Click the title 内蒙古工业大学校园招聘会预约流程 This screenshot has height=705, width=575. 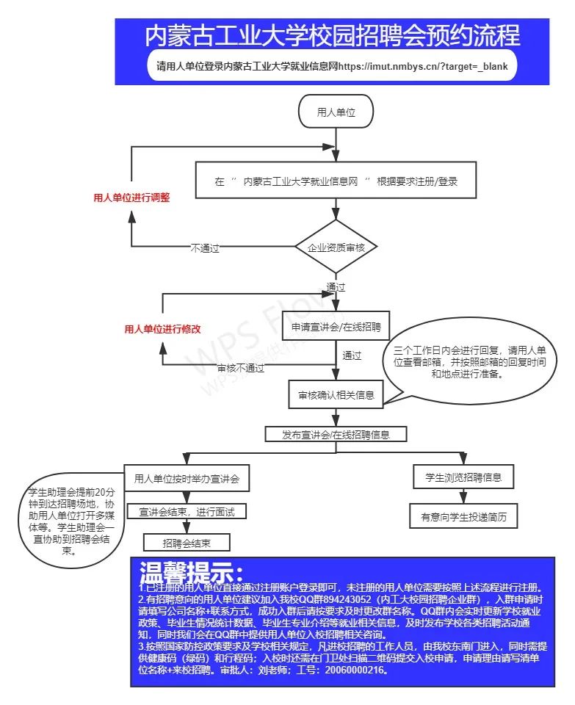[x=332, y=35]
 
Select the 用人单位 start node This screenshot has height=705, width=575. [x=336, y=112]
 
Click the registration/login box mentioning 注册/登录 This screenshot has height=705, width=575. [x=336, y=181]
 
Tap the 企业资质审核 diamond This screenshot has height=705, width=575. [x=336, y=248]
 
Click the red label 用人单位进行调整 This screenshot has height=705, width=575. [x=132, y=198]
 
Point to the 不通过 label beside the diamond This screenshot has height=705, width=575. [x=205, y=248]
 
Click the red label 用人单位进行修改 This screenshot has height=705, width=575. [x=162, y=330]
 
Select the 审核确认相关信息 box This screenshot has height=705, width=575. [x=335, y=395]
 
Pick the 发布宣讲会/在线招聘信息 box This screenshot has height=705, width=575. [x=336, y=435]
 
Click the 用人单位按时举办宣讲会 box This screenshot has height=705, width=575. [x=187, y=478]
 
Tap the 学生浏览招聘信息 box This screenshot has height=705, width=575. [x=463, y=477]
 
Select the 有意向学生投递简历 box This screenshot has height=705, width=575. [x=463, y=517]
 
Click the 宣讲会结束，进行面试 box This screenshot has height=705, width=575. [x=187, y=511]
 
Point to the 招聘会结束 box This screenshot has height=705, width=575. [x=187, y=543]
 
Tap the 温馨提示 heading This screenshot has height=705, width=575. [x=191, y=571]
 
